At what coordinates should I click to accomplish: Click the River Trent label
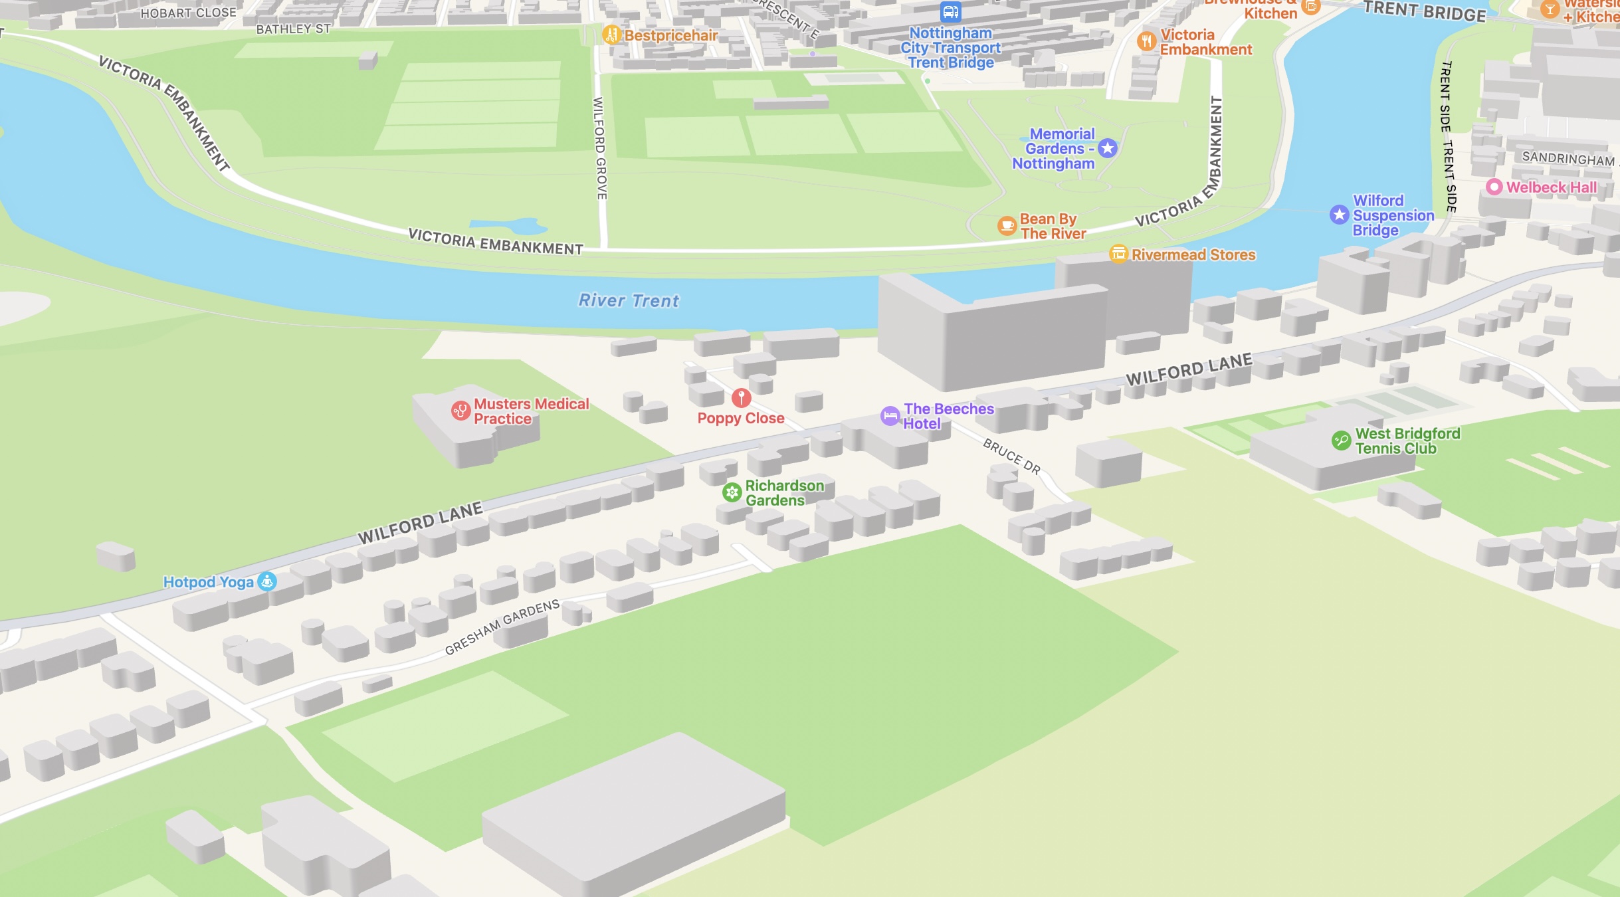click(629, 301)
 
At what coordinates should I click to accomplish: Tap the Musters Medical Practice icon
click(460, 411)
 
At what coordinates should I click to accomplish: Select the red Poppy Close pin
click(741, 397)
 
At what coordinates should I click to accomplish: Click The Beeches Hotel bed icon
click(890, 416)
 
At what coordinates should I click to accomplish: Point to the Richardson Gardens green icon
click(732, 492)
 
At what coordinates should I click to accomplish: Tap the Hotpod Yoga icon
click(267, 581)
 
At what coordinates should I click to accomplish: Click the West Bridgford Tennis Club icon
click(1341, 441)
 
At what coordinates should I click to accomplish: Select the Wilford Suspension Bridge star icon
click(1339, 215)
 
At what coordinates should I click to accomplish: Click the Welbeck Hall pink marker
click(1494, 187)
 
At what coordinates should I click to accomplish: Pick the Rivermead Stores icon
click(1118, 254)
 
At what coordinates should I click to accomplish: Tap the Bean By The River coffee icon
click(1007, 226)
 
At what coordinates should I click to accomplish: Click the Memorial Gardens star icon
click(1107, 148)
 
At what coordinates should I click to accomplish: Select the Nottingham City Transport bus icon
click(950, 12)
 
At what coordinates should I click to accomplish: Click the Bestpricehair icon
click(611, 35)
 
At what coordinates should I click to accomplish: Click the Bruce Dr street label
click(1011, 456)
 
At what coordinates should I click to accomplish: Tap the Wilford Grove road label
click(599, 148)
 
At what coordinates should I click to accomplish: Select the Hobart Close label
click(188, 13)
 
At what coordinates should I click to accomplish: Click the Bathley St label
click(293, 29)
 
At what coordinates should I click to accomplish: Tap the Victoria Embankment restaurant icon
click(1146, 41)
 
